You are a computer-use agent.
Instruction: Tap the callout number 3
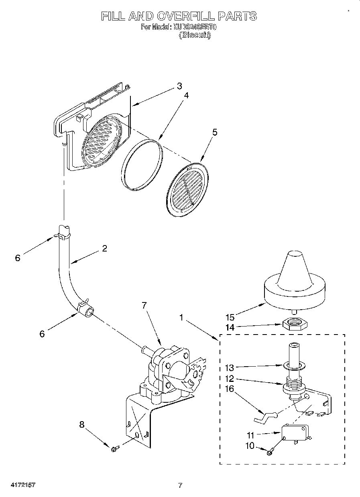coord(179,86)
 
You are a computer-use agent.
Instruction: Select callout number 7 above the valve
coord(144,306)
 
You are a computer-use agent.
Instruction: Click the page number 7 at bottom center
coord(180,485)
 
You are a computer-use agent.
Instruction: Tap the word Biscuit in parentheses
coord(195,35)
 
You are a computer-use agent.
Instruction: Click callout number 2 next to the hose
coord(104,248)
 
